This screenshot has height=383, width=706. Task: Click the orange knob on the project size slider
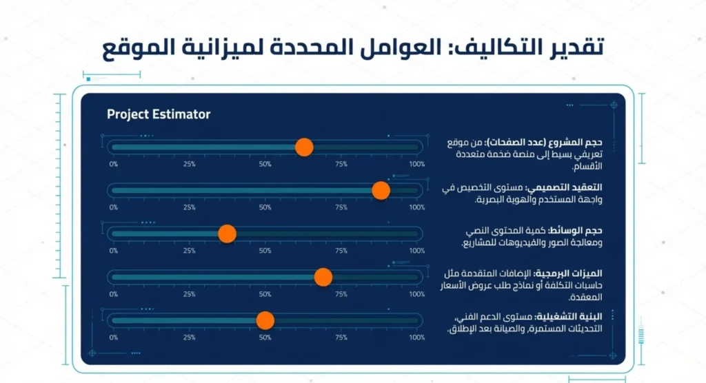[x=304, y=147]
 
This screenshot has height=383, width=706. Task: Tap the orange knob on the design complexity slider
[x=381, y=190]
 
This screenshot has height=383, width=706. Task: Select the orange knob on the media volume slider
[x=227, y=234]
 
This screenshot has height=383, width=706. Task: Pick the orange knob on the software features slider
[x=323, y=277]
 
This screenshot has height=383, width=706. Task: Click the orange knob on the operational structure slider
[x=265, y=320]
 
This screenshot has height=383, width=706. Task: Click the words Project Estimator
[x=159, y=114]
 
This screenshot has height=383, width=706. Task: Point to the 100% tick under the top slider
[x=417, y=165]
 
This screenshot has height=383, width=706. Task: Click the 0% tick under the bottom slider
[x=114, y=338]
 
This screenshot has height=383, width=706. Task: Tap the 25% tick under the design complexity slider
[x=190, y=207]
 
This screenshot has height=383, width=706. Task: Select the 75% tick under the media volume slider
[x=341, y=251]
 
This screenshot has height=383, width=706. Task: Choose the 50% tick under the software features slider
[x=265, y=294]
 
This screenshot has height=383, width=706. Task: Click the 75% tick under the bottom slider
[x=341, y=338]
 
